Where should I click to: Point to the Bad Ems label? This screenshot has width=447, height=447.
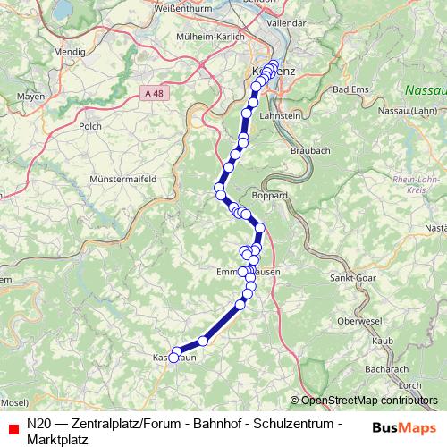pyautogui.click(x=350, y=90)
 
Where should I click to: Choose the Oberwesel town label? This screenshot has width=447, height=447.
pyautogui.click(x=360, y=320)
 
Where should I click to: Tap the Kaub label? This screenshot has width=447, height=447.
pyautogui.click(x=383, y=341)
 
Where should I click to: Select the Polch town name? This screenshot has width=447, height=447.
pyautogui.click(x=90, y=127)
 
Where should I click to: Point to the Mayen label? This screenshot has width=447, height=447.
pyautogui.click(x=30, y=96)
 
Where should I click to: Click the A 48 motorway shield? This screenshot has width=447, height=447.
pyautogui.click(x=154, y=91)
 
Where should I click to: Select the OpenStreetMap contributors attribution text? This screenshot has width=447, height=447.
pyautogui.click(x=368, y=400)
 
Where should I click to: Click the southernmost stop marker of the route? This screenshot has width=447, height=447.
pyautogui.click(x=174, y=357)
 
